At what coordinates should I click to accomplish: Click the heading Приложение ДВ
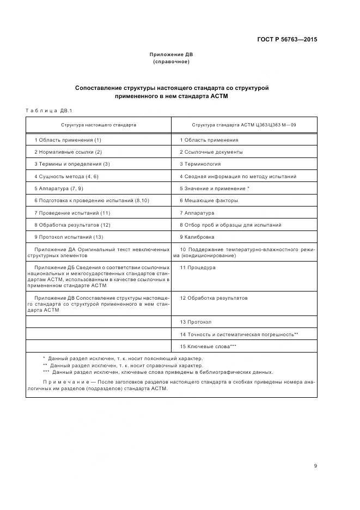click(171, 54)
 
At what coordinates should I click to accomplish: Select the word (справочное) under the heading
click(171, 62)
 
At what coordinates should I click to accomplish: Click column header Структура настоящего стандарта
click(99, 125)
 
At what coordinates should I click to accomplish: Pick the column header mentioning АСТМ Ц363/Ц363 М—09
click(244, 125)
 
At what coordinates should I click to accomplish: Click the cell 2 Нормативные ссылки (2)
click(68, 152)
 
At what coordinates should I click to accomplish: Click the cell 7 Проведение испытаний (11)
click(72, 212)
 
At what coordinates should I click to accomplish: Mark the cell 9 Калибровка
click(197, 237)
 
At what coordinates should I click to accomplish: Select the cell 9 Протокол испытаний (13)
click(69, 237)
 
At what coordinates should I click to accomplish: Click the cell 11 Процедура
click(198, 268)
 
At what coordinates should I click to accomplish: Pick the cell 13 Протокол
click(196, 322)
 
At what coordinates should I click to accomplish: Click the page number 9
click(315, 450)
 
